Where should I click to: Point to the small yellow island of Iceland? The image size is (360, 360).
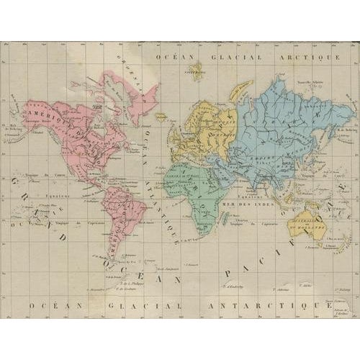click(x=162, y=115)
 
